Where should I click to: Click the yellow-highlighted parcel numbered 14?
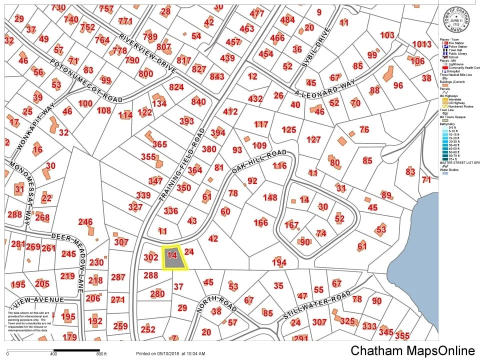(x=173, y=257)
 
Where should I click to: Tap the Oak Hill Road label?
(x=259, y=162)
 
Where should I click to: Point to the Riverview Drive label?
(x=148, y=54)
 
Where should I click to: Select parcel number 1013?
(x=421, y=44)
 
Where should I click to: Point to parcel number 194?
(x=279, y=262)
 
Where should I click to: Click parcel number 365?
(x=159, y=144)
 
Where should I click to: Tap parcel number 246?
(x=85, y=222)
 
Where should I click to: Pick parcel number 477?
(x=257, y=13)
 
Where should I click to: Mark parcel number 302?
(x=150, y=257)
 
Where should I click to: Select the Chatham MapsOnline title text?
(x=412, y=350)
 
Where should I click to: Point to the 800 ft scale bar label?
(x=102, y=354)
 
